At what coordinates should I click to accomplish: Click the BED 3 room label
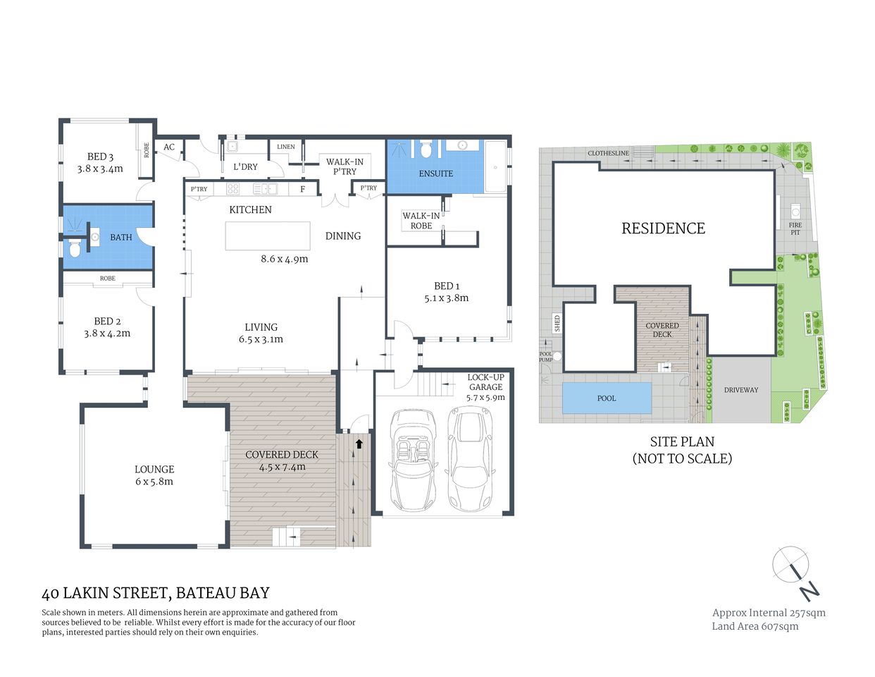pos(100,157)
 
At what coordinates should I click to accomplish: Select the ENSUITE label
pos(436,173)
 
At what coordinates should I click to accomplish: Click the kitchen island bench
pos(268,236)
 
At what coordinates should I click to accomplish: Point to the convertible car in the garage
pos(414,459)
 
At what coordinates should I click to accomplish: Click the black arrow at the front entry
pos(359,444)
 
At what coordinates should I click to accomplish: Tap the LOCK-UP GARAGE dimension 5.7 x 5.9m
pos(485,398)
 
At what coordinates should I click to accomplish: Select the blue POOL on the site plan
pos(607,398)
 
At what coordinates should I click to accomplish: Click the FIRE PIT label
pos(795,228)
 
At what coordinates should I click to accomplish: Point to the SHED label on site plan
pos(557,324)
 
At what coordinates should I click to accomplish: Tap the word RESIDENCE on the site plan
pos(663,228)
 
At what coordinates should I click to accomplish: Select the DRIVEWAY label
pos(741,390)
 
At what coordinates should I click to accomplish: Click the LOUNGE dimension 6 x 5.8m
pos(154,482)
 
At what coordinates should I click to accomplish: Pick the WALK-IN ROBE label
pos(421,221)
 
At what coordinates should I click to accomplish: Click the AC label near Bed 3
pos(169,147)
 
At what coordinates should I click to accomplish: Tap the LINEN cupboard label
pos(286,147)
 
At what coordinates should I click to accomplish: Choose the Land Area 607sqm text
pos(755,626)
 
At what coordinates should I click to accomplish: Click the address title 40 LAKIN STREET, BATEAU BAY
pos(156,593)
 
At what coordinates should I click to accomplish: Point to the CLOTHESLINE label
pos(609,153)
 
